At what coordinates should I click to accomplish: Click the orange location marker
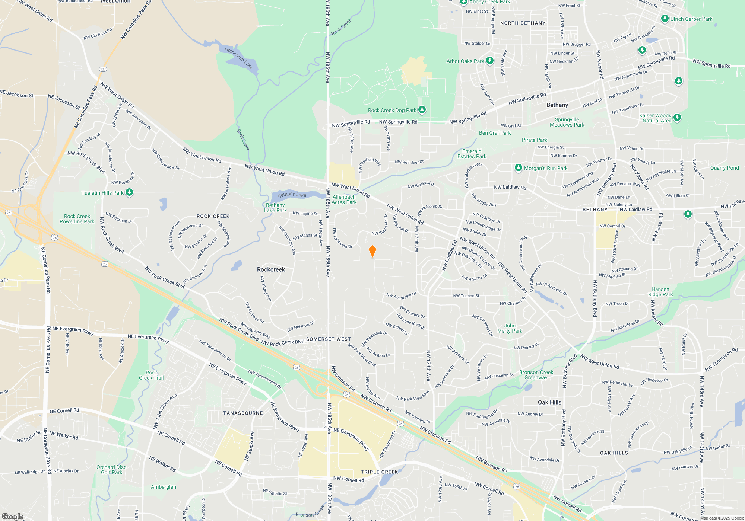pos(372,251)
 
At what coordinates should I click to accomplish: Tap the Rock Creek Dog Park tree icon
pos(422,110)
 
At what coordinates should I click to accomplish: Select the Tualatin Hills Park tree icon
pos(129,192)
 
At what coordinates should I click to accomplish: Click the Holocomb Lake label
pos(238,58)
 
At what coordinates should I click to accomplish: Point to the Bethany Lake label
pos(292,195)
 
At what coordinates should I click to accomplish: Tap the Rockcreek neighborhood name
pos(271,269)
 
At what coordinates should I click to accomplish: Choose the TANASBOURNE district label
pos(243,413)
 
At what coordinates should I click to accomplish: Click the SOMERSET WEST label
pos(328,339)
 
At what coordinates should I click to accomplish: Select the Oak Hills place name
pos(549,402)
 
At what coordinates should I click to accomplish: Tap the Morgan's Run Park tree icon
pos(518,168)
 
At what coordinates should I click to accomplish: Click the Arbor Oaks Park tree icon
pos(490,61)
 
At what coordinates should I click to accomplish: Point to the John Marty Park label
pos(510,328)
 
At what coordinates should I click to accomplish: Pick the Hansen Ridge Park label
pos(660,292)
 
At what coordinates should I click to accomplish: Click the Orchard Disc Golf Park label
pos(111,470)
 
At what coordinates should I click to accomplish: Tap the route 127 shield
pos(103,69)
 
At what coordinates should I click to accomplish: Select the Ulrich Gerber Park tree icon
pos(665,19)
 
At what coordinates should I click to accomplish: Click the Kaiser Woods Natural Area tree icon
pos(677,118)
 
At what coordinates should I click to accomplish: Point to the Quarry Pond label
pos(724,168)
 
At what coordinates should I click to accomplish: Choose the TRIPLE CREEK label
pos(379,472)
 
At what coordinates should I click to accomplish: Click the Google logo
pos(12,517)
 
